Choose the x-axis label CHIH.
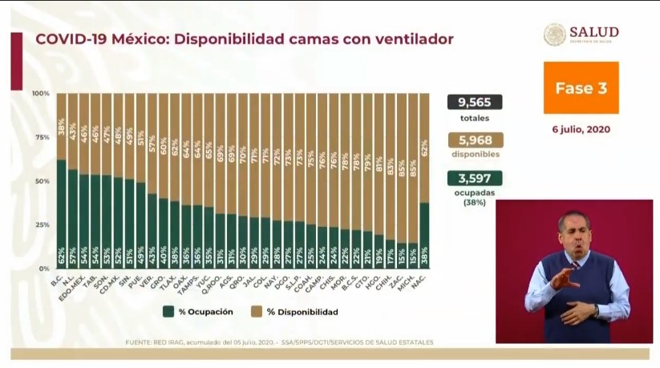tap(390, 281)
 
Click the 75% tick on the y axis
tap(41, 137)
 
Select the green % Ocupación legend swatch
tap(169, 311)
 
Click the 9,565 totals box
tap(475, 102)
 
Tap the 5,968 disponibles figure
tap(475, 140)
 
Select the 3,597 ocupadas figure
tap(475, 178)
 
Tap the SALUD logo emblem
tap(554, 34)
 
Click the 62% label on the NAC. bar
tap(424, 148)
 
